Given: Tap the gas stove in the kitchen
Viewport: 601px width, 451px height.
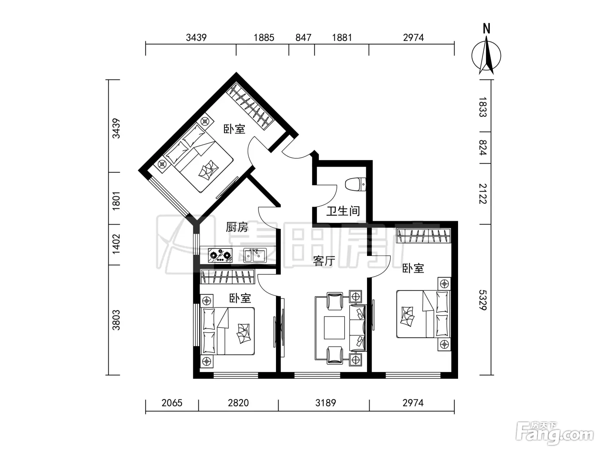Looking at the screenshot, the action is [x=220, y=256].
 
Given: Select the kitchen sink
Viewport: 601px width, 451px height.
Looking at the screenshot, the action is [x=255, y=256].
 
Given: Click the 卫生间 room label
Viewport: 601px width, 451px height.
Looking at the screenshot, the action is [x=343, y=211].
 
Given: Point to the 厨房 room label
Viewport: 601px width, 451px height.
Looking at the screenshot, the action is [x=237, y=227].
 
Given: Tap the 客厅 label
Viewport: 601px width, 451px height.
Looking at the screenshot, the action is [x=324, y=261].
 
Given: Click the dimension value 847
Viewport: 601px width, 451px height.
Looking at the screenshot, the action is [x=304, y=37].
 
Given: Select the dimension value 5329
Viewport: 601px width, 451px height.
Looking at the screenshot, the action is [x=483, y=300].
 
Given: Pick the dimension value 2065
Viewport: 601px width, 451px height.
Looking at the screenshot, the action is [x=172, y=403].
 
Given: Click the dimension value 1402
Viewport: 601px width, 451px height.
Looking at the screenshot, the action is [x=116, y=244].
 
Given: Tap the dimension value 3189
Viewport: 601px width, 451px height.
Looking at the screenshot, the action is [x=325, y=403].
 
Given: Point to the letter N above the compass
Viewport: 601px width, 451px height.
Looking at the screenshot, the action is [x=486, y=29].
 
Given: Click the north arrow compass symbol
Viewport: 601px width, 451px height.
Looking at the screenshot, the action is [x=486, y=55].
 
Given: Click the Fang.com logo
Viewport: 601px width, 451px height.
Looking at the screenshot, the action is [x=555, y=433].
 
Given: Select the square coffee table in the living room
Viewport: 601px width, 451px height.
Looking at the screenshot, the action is [x=334, y=328].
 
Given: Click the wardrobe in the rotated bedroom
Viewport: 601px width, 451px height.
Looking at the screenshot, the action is [x=250, y=106].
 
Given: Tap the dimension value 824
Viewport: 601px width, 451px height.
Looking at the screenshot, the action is [x=483, y=148].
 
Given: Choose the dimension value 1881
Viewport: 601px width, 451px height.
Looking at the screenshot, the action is [x=342, y=37].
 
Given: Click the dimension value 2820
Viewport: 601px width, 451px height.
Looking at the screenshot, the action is [x=239, y=403].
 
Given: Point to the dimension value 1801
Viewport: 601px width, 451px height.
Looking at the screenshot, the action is [x=116, y=201].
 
